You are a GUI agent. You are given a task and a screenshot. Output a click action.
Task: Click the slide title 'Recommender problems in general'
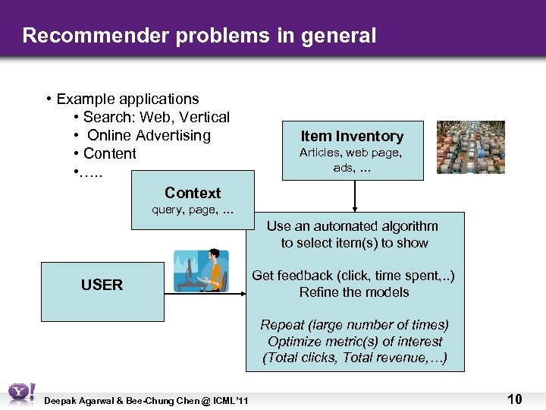(x=199, y=35)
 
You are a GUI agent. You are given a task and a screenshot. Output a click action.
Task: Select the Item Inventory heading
(x=352, y=137)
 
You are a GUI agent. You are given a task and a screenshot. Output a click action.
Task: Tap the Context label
(x=193, y=193)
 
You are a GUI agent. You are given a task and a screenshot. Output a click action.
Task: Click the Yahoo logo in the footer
(x=20, y=393)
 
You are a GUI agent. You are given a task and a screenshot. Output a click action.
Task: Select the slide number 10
(x=514, y=399)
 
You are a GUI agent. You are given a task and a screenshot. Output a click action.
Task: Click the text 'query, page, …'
(x=193, y=210)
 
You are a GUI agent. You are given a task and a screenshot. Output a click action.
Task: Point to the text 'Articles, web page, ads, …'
(x=351, y=160)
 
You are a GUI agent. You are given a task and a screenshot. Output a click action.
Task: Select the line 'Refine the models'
(x=354, y=292)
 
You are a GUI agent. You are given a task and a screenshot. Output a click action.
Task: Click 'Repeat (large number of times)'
(x=354, y=325)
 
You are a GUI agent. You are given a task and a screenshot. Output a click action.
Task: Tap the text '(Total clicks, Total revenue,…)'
(x=354, y=358)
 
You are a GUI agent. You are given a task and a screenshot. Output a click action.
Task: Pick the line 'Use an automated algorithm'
(x=353, y=226)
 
